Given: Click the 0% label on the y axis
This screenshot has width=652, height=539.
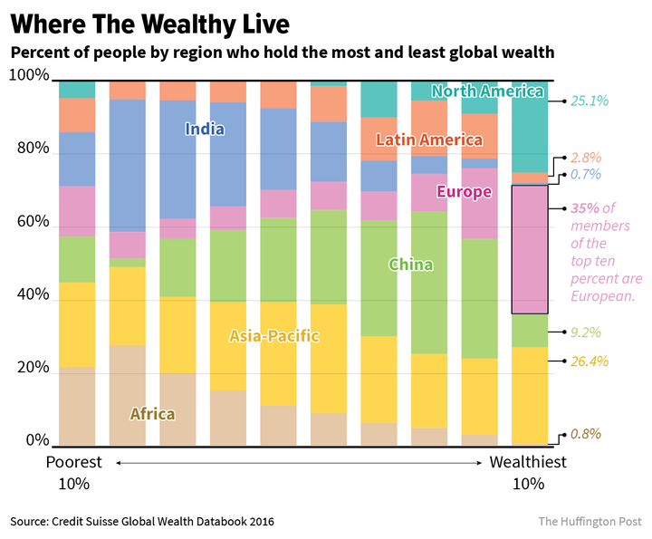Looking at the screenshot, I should pyautogui.click(x=37, y=441).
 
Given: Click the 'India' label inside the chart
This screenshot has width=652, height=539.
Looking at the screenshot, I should pyautogui.click(x=205, y=130).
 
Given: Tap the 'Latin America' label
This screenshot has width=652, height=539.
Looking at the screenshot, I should pyautogui.click(x=428, y=140).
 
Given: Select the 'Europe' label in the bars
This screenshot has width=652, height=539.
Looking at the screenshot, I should pyautogui.click(x=464, y=192).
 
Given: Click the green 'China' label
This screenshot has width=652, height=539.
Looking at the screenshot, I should pyautogui.click(x=411, y=265).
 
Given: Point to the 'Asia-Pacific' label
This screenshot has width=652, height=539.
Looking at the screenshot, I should pyautogui.click(x=273, y=336).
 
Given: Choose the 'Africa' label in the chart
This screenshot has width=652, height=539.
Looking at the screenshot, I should pyautogui.click(x=152, y=414).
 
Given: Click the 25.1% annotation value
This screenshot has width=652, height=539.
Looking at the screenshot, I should pyautogui.click(x=590, y=101).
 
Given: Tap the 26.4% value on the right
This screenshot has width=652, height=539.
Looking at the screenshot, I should pyautogui.click(x=590, y=361).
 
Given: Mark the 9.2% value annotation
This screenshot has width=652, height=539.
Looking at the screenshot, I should pyautogui.click(x=586, y=333).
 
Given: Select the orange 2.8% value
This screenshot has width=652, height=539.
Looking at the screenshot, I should pyautogui.click(x=586, y=158).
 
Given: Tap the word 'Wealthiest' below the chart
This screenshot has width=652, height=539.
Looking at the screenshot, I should pyautogui.click(x=528, y=462).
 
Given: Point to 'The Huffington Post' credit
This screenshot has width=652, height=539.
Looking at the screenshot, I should pyautogui.click(x=590, y=521).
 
